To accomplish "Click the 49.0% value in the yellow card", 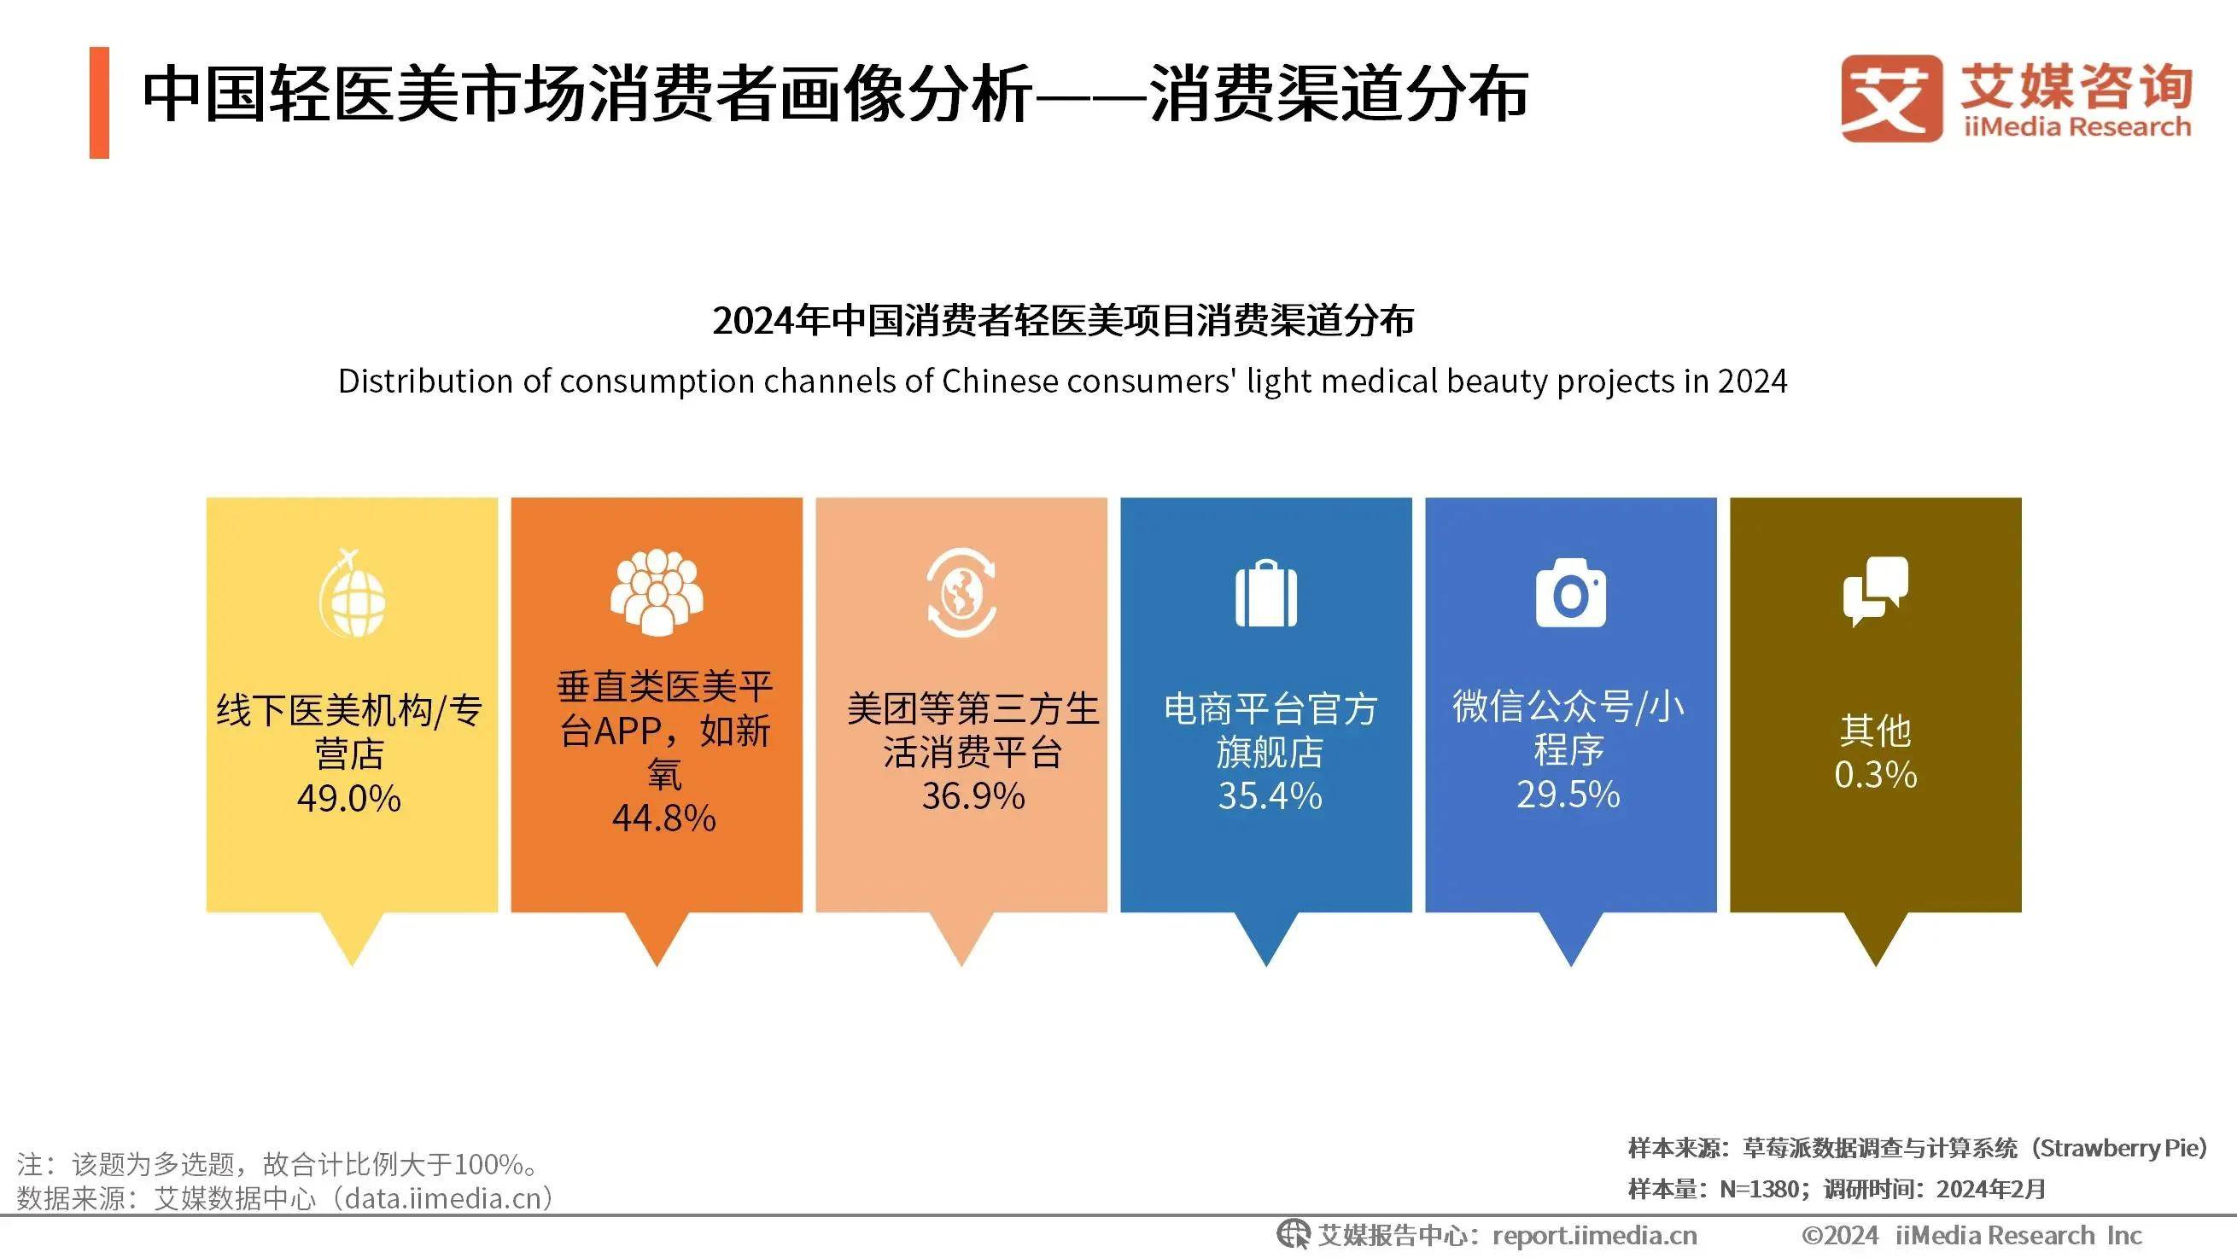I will (349, 798).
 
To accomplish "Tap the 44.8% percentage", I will (664, 818).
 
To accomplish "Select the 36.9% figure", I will (973, 796).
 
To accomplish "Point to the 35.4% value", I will (1270, 796).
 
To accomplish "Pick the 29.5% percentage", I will (1568, 795).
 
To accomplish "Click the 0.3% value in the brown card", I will (1876, 774).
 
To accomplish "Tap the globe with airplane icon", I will (352, 593).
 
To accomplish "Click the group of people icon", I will (657, 593).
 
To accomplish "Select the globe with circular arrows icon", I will (961, 593).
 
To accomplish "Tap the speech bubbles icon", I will (1876, 591).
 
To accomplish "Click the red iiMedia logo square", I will (1891, 98).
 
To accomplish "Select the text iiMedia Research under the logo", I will (2076, 128).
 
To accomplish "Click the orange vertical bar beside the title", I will (99, 102).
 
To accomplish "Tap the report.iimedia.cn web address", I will (1594, 1236).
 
